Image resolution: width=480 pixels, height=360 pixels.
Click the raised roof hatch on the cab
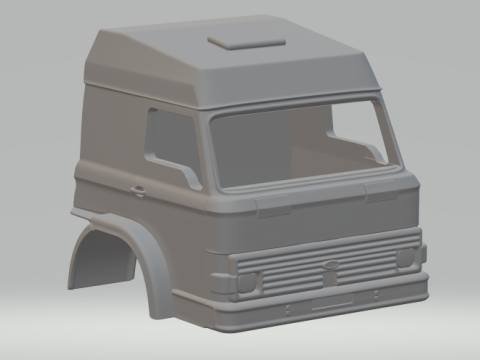coord(245,40)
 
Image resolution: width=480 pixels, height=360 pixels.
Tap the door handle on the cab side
coord(136,189)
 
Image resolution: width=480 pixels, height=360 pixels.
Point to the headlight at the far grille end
coord(405,258)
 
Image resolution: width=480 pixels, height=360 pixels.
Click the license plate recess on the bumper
coord(331,301)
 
